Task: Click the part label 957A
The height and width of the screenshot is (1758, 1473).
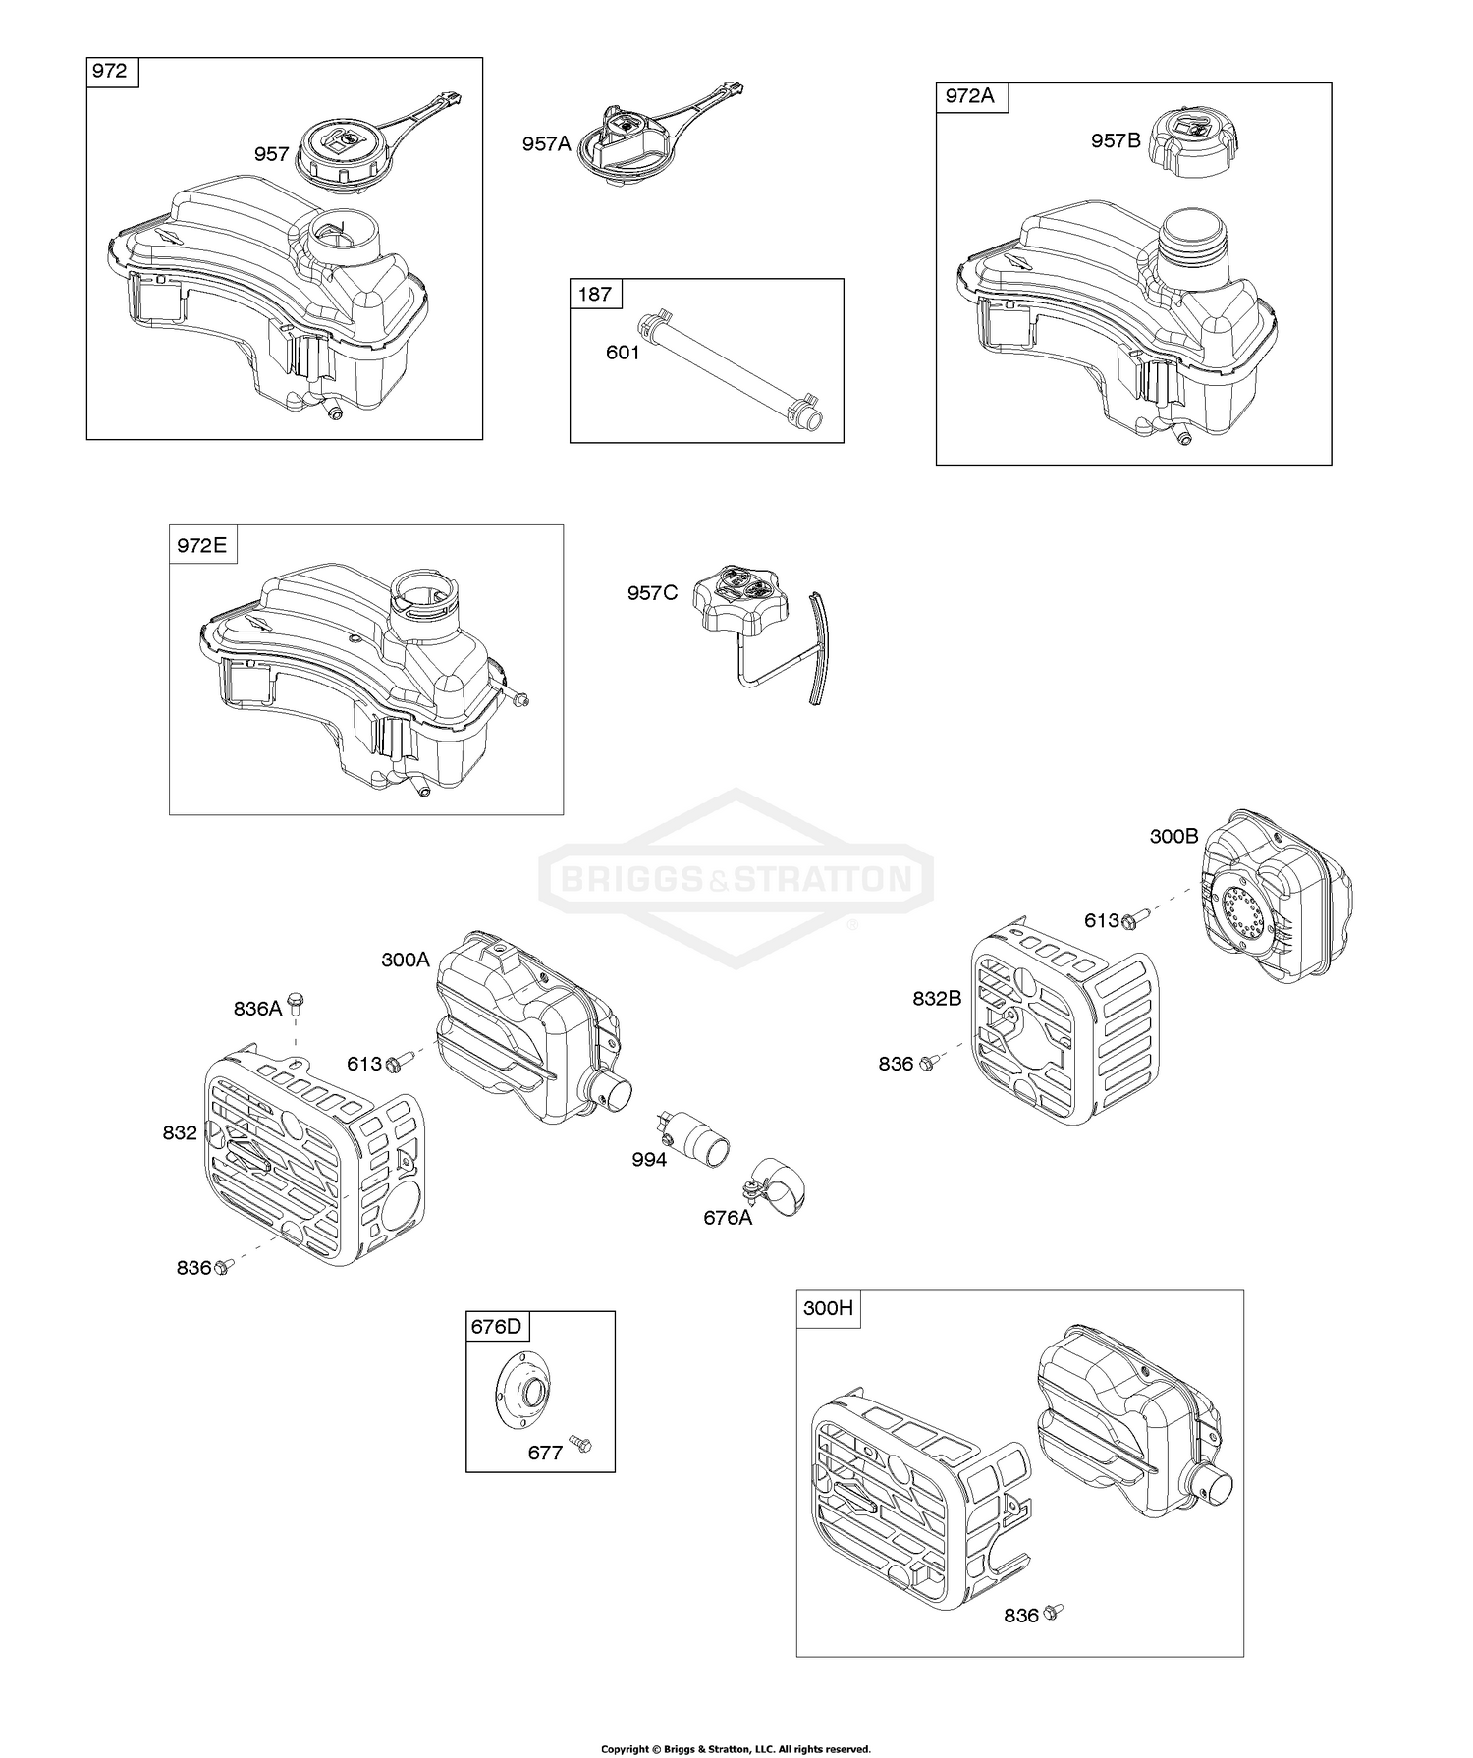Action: click(x=546, y=144)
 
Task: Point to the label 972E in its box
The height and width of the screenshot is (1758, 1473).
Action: click(x=201, y=545)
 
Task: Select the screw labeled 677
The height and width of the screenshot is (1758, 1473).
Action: click(x=580, y=1444)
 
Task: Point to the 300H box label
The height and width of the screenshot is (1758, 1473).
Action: click(x=828, y=1308)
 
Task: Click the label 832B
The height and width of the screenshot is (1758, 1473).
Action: click(x=937, y=998)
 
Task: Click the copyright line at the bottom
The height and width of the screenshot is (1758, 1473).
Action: click(x=736, y=1749)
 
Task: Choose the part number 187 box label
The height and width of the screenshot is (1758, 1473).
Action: click(x=595, y=294)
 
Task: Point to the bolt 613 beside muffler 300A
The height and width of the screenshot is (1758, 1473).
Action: click(x=399, y=1062)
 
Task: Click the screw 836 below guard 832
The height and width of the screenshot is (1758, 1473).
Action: click(x=223, y=1267)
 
